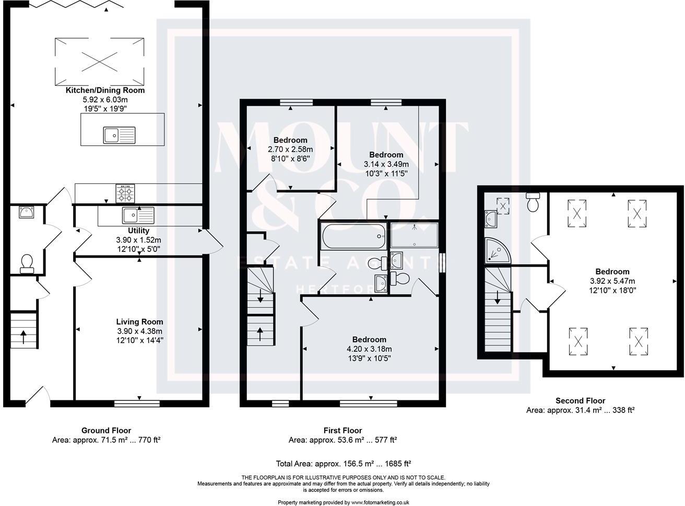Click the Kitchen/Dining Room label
105,90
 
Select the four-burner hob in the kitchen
125,193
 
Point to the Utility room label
138,231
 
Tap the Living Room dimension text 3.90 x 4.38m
139,331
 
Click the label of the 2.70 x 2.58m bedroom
290,140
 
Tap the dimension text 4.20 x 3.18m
369,349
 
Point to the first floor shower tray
415,235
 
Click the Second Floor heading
580,401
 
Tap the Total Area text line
343,463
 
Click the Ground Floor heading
106,431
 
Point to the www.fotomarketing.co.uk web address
380,502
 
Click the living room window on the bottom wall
137,402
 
